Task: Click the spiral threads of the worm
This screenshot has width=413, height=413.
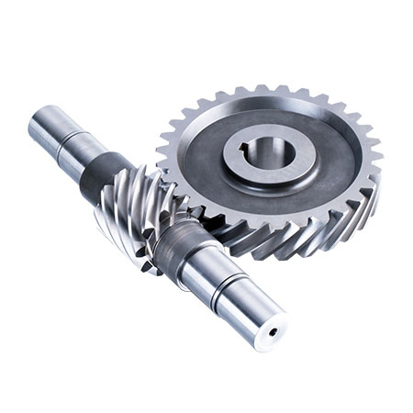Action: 128,211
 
